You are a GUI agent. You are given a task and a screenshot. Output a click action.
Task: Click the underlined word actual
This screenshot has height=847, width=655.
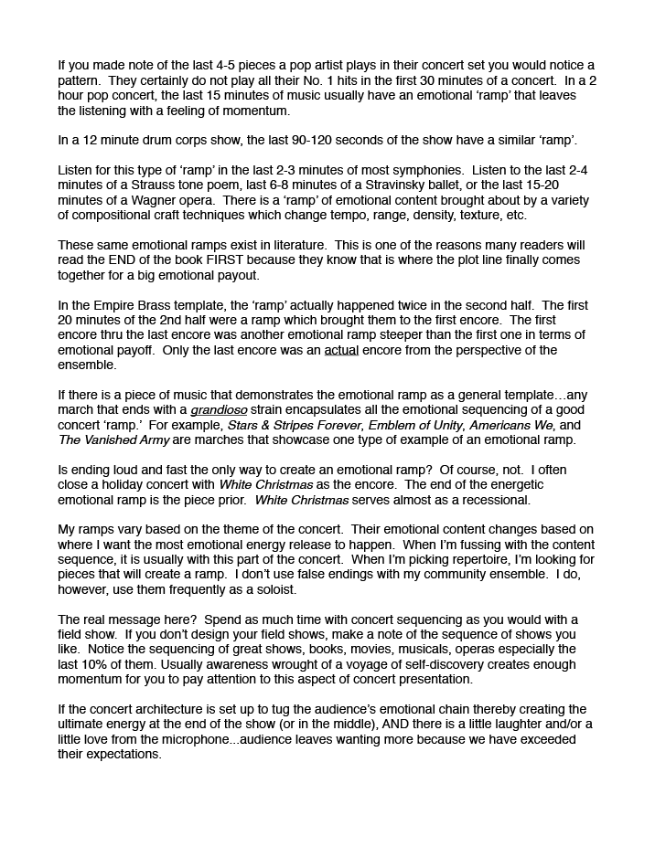[341, 350]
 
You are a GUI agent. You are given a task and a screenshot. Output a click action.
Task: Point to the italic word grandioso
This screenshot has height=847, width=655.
[220, 410]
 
